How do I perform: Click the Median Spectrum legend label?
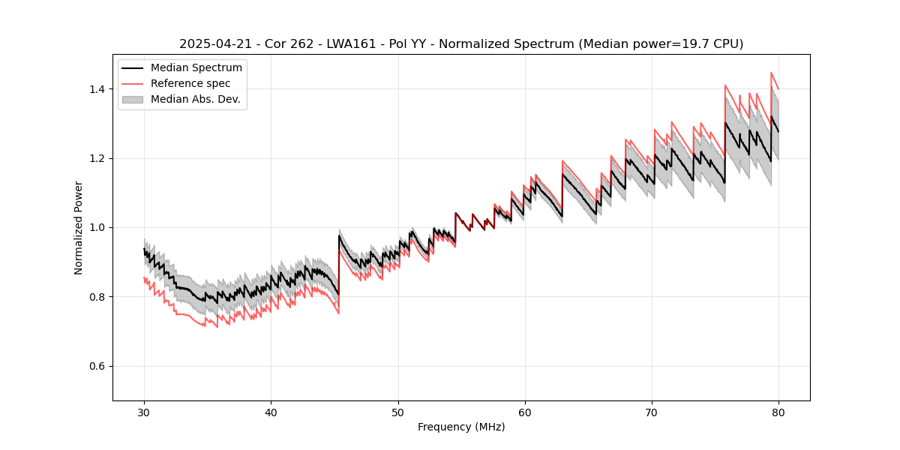[196, 68]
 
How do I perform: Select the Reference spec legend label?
[190, 83]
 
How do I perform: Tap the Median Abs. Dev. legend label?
[196, 99]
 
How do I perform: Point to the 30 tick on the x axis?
[145, 412]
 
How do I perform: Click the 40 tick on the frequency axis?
[271, 412]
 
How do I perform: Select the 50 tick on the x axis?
[398, 412]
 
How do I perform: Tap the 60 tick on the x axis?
[525, 412]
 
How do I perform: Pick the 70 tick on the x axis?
[652, 412]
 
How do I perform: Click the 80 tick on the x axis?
[778, 412]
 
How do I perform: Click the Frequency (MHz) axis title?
[461, 427]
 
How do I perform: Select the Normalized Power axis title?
[79, 227]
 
